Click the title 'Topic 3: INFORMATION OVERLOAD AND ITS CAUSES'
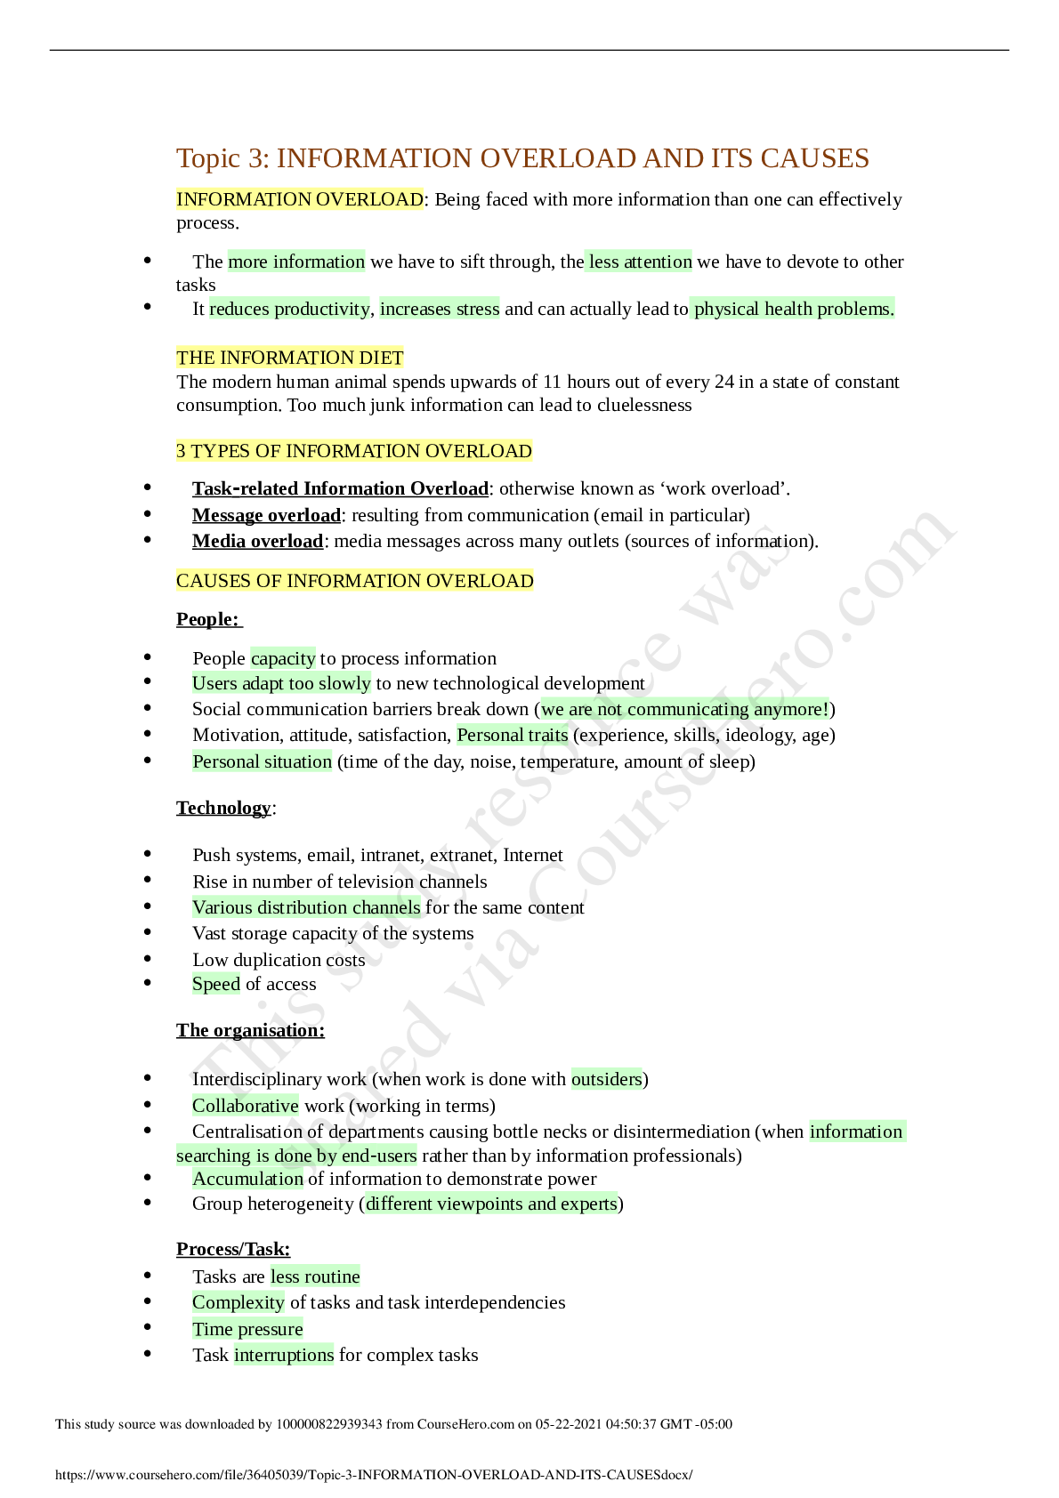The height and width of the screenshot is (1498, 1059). tap(522, 158)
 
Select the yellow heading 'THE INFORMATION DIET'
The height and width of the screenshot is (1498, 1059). tap(290, 358)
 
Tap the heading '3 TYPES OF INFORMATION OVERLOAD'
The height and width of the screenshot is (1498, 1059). tap(354, 451)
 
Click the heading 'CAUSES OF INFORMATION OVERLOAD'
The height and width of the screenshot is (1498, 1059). tap(355, 581)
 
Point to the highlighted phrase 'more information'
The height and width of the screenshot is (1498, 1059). tap(296, 262)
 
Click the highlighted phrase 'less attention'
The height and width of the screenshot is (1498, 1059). tap(639, 262)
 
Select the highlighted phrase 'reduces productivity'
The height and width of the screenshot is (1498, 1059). tap(289, 309)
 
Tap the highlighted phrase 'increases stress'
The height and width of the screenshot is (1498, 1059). tap(440, 309)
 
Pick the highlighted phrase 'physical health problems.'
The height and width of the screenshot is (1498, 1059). tap(793, 309)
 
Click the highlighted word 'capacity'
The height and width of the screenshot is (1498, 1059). tap(283, 658)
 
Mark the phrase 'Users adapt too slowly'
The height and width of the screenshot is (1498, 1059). tap(282, 683)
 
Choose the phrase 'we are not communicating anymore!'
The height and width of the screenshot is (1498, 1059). tap(684, 709)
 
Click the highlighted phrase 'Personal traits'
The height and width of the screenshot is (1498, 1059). tap(513, 735)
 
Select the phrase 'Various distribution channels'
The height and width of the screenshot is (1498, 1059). tap(306, 907)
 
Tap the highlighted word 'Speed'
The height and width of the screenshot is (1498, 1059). tap(216, 984)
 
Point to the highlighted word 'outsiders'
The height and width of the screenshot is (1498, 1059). tap(607, 1079)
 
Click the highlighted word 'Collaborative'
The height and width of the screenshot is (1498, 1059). tap(246, 1106)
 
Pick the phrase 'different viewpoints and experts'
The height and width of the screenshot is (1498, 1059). tap(491, 1204)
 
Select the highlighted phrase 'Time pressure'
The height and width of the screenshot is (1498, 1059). tap(247, 1329)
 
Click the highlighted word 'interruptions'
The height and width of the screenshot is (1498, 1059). tap(284, 1355)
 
